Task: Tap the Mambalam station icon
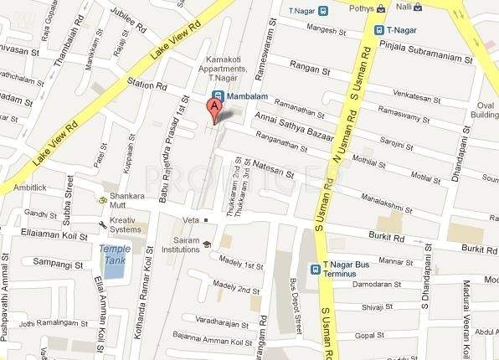click(218, 96)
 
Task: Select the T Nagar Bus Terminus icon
click(315, 268)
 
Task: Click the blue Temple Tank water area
click(111, 266)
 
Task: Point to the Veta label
click(189, 219)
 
